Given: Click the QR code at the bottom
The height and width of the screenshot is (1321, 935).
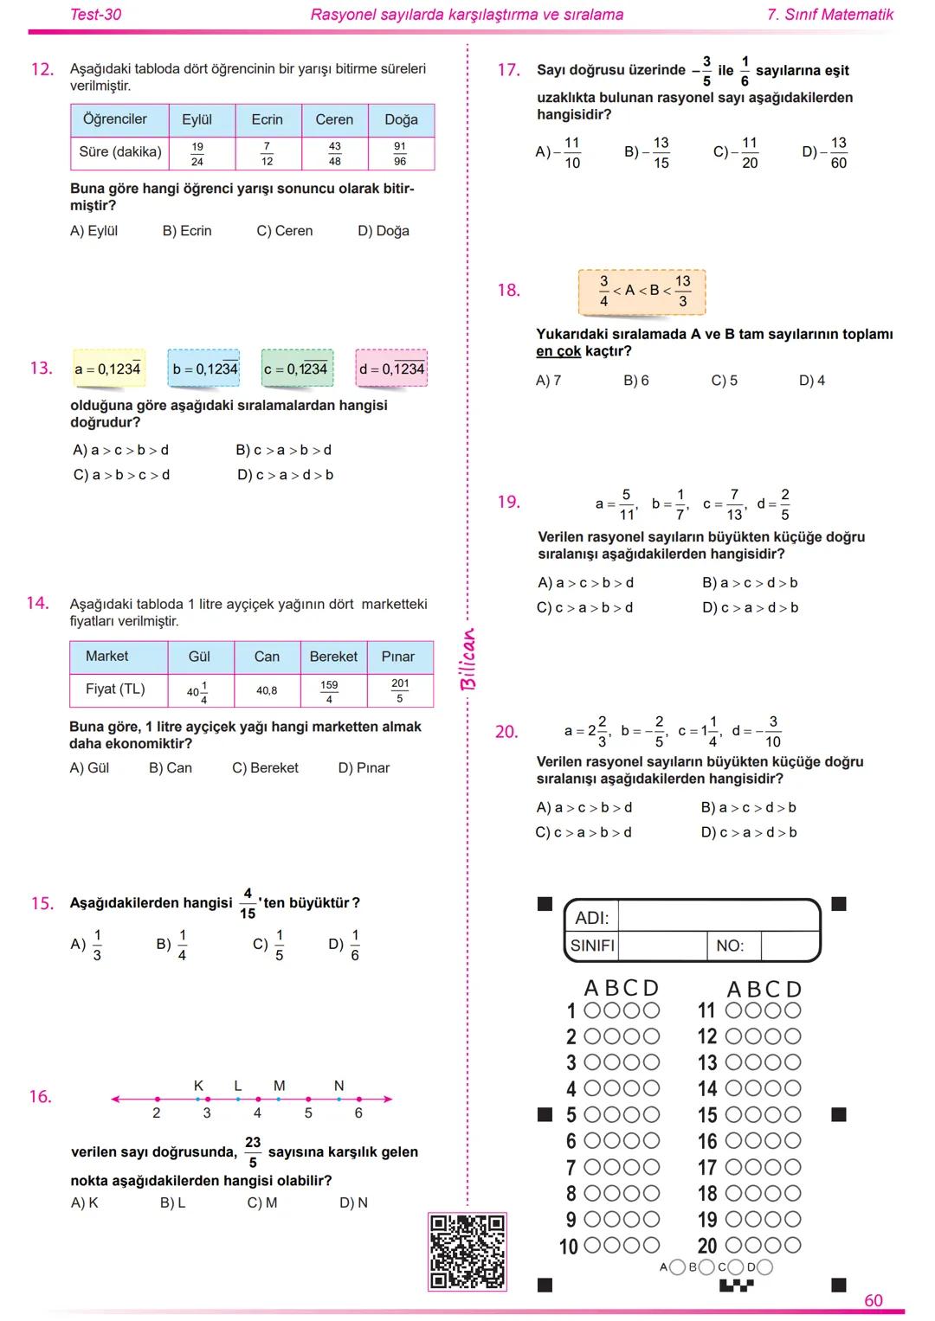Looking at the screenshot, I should click(x=467, y=1251).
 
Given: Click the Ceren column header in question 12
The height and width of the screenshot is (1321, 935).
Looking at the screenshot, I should click(x=334, y=119).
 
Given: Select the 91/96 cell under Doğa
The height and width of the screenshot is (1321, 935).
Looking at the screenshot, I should click(x=400, y=154).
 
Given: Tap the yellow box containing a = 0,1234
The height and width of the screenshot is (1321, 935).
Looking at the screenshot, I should click(x=107, y=369).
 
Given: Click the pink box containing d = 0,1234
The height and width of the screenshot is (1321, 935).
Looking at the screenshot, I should click(x=391, y=369).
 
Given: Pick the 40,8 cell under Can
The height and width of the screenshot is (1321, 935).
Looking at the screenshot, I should click(x=267, y=690).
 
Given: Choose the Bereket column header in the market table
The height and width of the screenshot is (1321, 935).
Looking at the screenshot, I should click(x=333, y=657).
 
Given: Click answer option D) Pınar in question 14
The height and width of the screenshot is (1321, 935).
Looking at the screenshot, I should click(x=364, y=767).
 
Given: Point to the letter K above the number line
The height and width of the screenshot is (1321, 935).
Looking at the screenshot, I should click(x=198, y=1086).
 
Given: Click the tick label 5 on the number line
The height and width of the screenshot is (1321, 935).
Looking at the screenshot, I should click(x=308, y=1113).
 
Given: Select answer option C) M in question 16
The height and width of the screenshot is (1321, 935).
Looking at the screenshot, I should click(x=262, y=1202).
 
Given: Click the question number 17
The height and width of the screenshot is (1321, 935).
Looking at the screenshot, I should click(x=508, y=70).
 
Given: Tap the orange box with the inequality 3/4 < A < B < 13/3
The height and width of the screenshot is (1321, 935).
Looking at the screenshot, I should click(x=642, y=292).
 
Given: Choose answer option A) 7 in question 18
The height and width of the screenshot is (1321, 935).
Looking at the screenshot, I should click(x=548, y=381).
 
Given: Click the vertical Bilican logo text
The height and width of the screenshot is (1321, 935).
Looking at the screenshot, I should click(x=467, y=658).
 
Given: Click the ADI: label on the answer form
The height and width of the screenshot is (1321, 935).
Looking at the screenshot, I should click(x=592, y=918).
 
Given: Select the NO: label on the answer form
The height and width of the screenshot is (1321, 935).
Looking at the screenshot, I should click(x=730, y=946).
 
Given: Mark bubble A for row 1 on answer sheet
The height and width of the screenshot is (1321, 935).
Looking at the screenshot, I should click(x=593, y=1010).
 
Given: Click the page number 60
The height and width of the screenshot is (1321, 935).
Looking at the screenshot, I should click(x=874, y=1300).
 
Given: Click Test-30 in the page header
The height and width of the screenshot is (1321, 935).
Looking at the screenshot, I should click(x=95, y=15).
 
